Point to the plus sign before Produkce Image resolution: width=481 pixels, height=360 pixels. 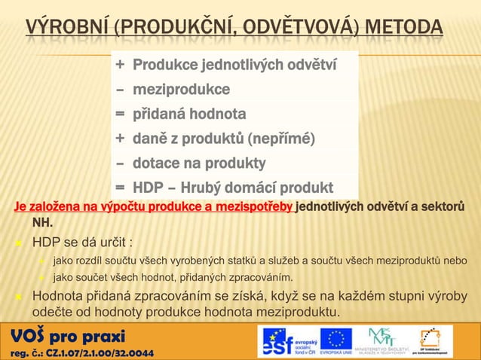click(120, 66)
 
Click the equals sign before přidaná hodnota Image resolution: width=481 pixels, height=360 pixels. click(120, 114)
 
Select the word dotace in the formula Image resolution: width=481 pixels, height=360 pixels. click(157, 163)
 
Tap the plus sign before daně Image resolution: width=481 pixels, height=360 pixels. click(120, 139)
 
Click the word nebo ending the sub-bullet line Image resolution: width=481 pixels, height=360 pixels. click(454, 261)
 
